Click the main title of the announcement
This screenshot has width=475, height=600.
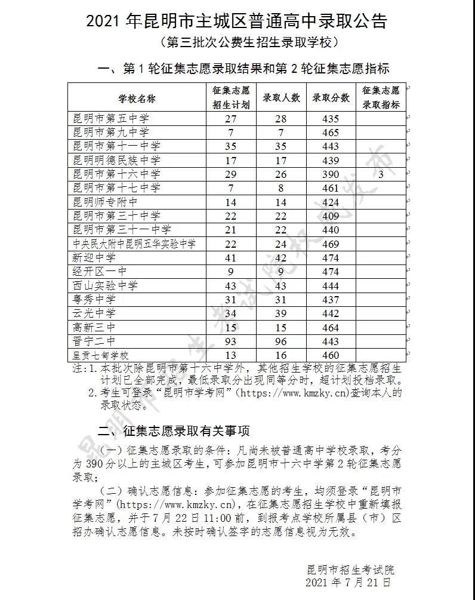click(x=237, y=21)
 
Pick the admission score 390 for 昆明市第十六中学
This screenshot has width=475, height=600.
click(x=330, y=174)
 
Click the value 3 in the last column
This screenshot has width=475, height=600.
click(x=381, y=174)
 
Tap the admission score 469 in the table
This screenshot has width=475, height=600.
click(x=330, y=244)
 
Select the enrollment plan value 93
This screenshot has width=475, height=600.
click(x=231, y=340)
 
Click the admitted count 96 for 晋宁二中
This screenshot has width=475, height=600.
click(x=280, y=340)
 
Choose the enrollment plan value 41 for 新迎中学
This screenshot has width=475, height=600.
click(x=231, y=257)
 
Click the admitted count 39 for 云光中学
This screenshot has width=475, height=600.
click(x=280, y=313)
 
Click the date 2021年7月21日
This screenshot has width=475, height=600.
click(x=349, y=581)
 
